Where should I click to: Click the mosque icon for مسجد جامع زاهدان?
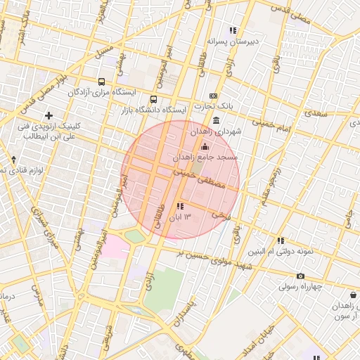click(205, 146)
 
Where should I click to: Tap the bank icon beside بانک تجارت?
click(214, 96)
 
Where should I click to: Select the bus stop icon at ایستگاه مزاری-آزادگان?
click(103, 82)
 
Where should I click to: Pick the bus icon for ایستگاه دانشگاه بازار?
click(154, 99)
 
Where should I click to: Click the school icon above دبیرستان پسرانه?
click(233, 30)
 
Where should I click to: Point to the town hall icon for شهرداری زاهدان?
click(214, 121)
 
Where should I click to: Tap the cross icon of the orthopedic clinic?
click(49, 115)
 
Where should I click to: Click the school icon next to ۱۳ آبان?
click(180, 206)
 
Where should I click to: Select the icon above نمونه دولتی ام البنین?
click(281, 240)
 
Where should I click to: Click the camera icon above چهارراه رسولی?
click(301, 276)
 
